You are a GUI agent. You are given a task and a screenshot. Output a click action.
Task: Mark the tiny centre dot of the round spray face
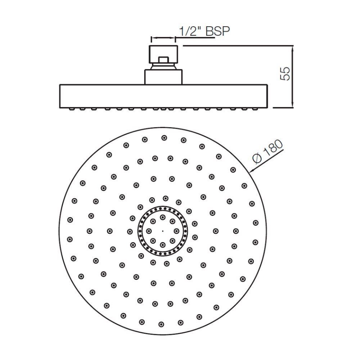[162, 231]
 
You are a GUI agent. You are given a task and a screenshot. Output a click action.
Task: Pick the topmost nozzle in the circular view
[164, 138]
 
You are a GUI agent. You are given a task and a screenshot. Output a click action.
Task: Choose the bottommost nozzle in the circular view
[161, 324]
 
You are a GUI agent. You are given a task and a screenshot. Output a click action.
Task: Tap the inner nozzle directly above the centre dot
[162, 217]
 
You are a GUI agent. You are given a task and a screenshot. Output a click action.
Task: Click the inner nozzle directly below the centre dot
[162, 244]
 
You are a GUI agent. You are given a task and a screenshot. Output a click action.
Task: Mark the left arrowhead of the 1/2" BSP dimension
[152, 38]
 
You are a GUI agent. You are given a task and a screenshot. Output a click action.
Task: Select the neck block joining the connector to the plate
[164, 76]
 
